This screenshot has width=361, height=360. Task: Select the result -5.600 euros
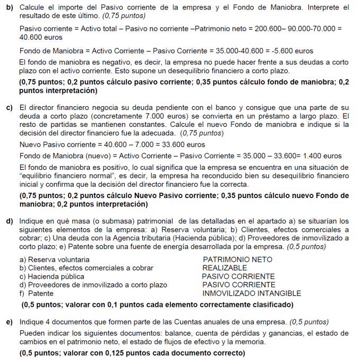[x=291, y=51]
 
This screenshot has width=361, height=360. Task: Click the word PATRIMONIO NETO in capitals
[x=237, y=260]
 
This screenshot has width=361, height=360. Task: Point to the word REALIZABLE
[x=225, y=268]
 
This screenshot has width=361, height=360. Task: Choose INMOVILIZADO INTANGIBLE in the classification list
[x=252, y=293]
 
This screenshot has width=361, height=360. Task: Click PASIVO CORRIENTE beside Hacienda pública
[x=238, y=277]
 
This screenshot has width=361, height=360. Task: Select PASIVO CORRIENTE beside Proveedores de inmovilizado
[x=238, y=285]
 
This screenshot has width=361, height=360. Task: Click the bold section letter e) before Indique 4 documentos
[x=9, y=322]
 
